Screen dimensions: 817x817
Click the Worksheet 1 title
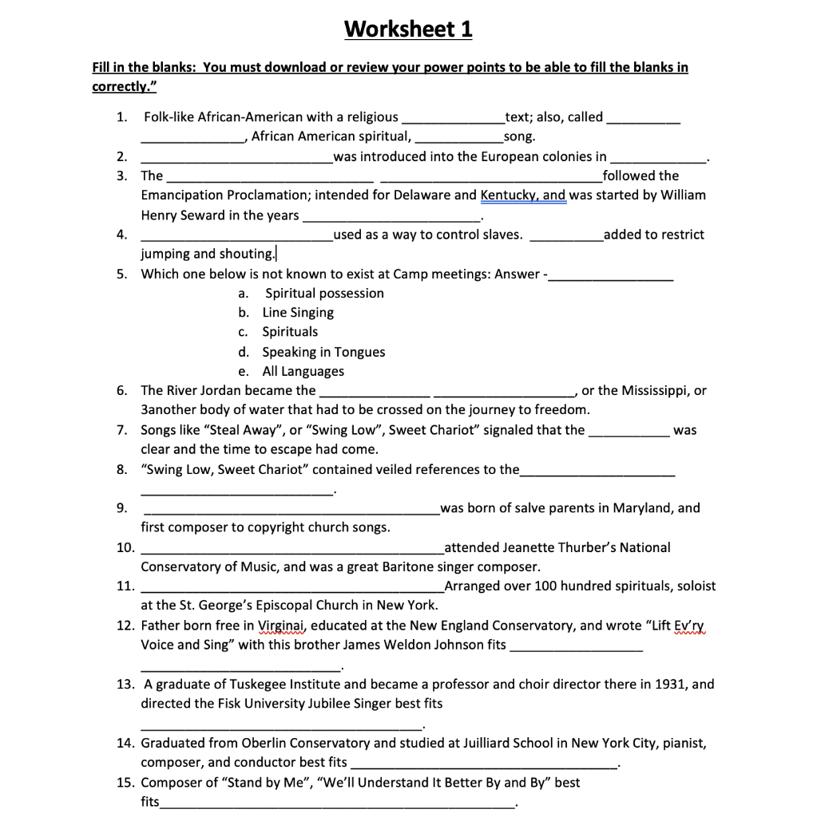[408, 30]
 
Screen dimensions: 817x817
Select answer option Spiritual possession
[324, 294]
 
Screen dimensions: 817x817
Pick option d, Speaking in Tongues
[323, 352]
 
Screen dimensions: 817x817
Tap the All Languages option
[303, 371]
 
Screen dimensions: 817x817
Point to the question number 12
[125, 626]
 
